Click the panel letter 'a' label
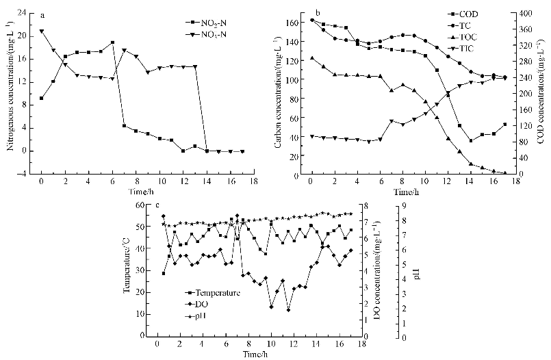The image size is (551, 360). [42, 14]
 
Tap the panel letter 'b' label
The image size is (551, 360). [317, 13]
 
